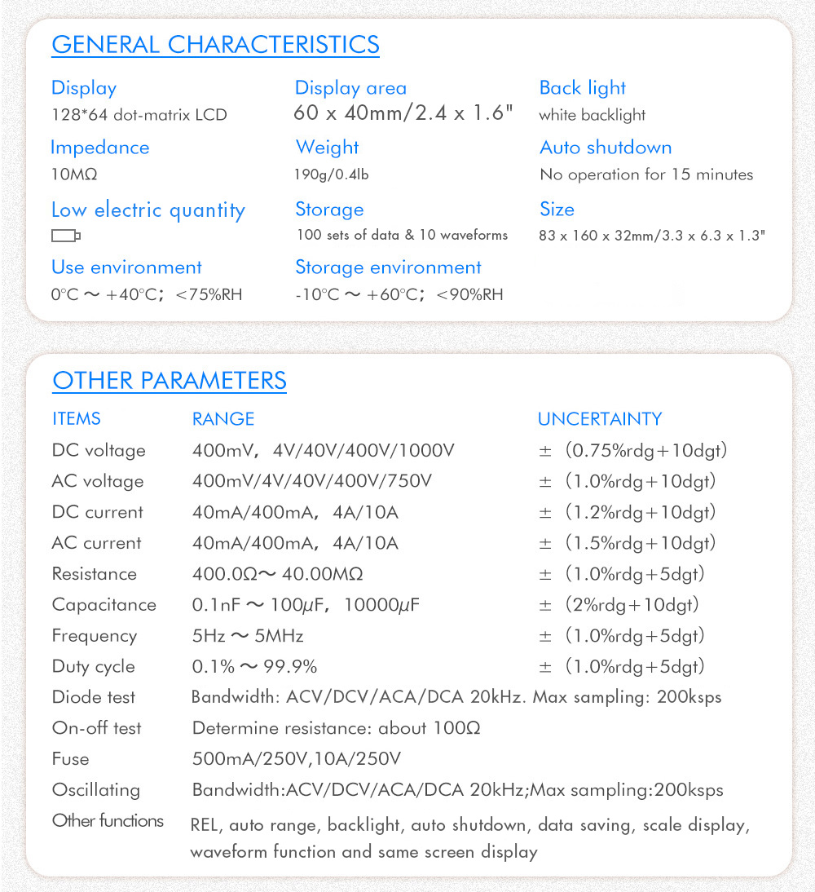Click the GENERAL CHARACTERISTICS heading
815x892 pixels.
215,44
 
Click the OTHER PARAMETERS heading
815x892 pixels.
170,381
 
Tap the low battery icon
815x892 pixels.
66,236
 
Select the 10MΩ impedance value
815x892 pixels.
74,174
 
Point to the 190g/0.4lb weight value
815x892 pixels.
337,174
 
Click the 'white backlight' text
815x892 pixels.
593,115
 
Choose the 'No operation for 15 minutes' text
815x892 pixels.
646,174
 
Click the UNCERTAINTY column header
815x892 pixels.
600,419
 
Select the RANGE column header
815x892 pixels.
223,419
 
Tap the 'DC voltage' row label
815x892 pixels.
99,451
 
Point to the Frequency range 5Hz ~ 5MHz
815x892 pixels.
248,636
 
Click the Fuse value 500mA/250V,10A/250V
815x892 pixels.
297,759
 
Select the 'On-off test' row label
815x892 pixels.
96,728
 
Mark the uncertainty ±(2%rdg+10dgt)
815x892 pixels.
619,605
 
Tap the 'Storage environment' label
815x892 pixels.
388,267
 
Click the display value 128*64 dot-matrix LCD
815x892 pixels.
139,115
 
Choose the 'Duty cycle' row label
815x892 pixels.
93,667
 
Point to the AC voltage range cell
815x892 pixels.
312,482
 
